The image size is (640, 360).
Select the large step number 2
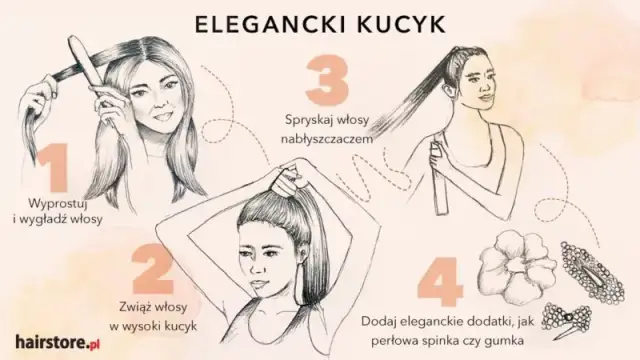pyautogui.click(x=159, y=271)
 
